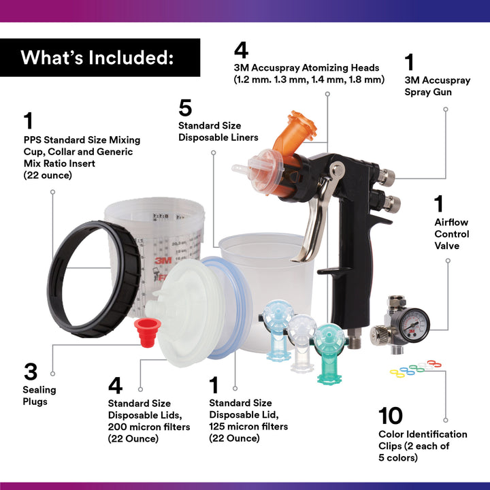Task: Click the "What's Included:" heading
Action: (x=96, y=57)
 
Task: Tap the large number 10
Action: (x=391, y=415)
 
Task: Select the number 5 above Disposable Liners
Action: (x=185, y=108)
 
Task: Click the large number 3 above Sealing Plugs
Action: (x=30, y=372)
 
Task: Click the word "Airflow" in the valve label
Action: (x=451, y=222)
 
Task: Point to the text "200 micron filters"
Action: (x=149, y=427)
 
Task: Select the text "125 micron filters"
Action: (x=248, y=426)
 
